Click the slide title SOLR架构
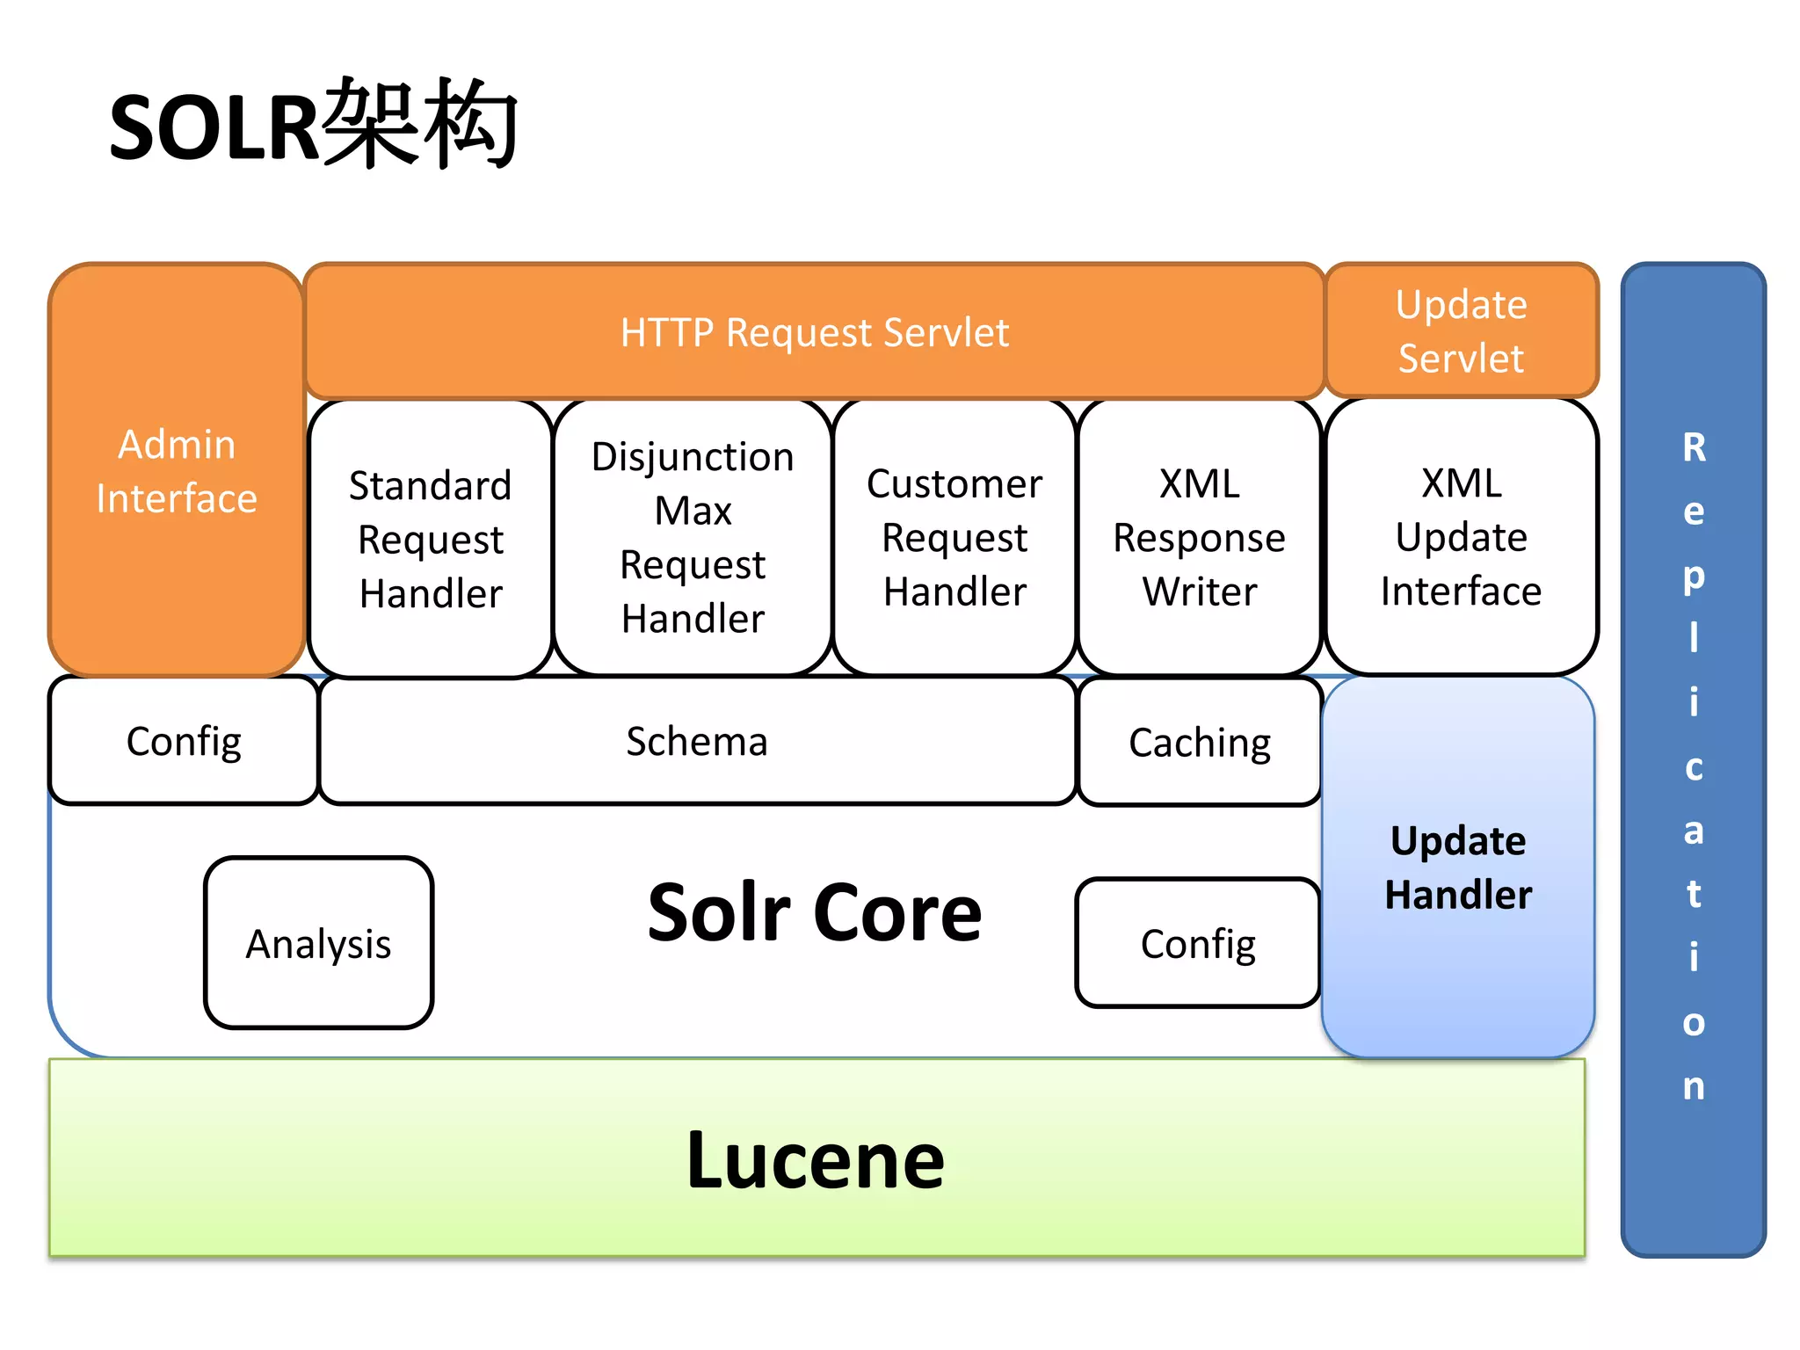[313, 126]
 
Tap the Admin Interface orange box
[177, 471]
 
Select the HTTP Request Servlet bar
[814, 332]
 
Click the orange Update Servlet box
[1461, 331]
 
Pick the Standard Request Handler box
[431, 539]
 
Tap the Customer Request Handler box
[954, 537]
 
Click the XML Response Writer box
[1199, 537]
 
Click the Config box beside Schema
[184, 741]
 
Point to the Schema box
[697, 741]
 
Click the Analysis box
[318, 943]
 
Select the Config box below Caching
[1198, 943]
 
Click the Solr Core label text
[814, 912]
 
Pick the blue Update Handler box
[1458, 867]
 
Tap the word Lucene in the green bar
[815, 1160]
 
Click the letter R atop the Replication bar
[1694, 447]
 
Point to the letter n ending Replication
[1694, 1086]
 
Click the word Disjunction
[693, 457]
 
